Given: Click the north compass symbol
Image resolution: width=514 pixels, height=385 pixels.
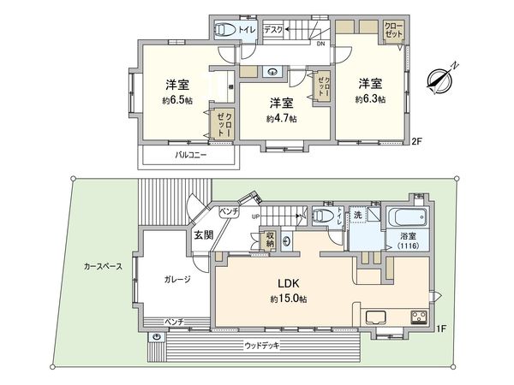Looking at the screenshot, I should coord(442,78).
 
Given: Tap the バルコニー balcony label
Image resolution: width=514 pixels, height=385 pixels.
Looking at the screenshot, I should coord(191,156).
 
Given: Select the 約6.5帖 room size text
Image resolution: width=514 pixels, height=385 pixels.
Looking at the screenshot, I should coord(178,100).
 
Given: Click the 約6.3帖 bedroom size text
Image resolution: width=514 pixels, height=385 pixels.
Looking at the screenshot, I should coord(370,98).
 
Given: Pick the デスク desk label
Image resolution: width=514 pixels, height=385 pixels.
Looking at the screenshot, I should coord(273,28).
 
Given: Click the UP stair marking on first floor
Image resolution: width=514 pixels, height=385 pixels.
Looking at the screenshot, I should coord(255,216).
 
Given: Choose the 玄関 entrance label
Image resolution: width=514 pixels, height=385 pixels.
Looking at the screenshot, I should coord(202,234).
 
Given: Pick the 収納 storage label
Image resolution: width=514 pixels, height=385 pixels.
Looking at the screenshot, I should coord(269,240).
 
